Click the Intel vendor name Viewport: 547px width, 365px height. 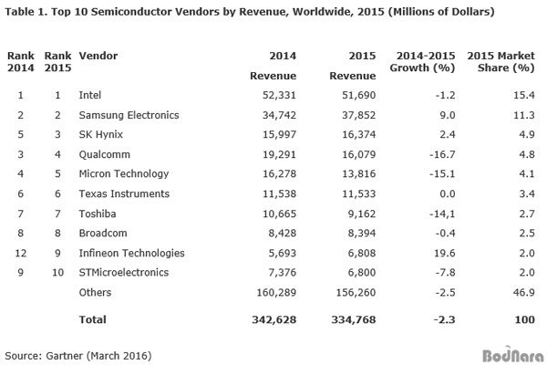[90, 95]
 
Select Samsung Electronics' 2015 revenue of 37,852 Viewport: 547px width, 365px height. [358, 115]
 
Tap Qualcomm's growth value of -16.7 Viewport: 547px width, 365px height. [442, 154]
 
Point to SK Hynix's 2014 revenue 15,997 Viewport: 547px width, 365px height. [279, 134]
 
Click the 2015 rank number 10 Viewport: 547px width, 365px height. [58, 273]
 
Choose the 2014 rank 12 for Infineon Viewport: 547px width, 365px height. [21, 253]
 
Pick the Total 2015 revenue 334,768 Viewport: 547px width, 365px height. [354, 319]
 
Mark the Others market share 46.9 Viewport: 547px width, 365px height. [524, 292]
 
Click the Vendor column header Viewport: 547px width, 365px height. [98, 56]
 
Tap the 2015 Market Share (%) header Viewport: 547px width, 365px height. [501, 61]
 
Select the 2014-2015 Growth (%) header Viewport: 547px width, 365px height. [422, 61]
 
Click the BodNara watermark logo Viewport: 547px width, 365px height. [512, 355]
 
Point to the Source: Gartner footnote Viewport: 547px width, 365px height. [78, 356]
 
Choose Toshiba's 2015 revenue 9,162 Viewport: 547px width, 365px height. [362, 214]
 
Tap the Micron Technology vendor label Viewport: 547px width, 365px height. [124, 174]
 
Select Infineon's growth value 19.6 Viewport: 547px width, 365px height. [445, 253]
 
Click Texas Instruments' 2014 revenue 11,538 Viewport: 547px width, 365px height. [279, 193]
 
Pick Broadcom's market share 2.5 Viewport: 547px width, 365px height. [527, 233]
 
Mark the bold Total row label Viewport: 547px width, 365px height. [92, 319]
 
